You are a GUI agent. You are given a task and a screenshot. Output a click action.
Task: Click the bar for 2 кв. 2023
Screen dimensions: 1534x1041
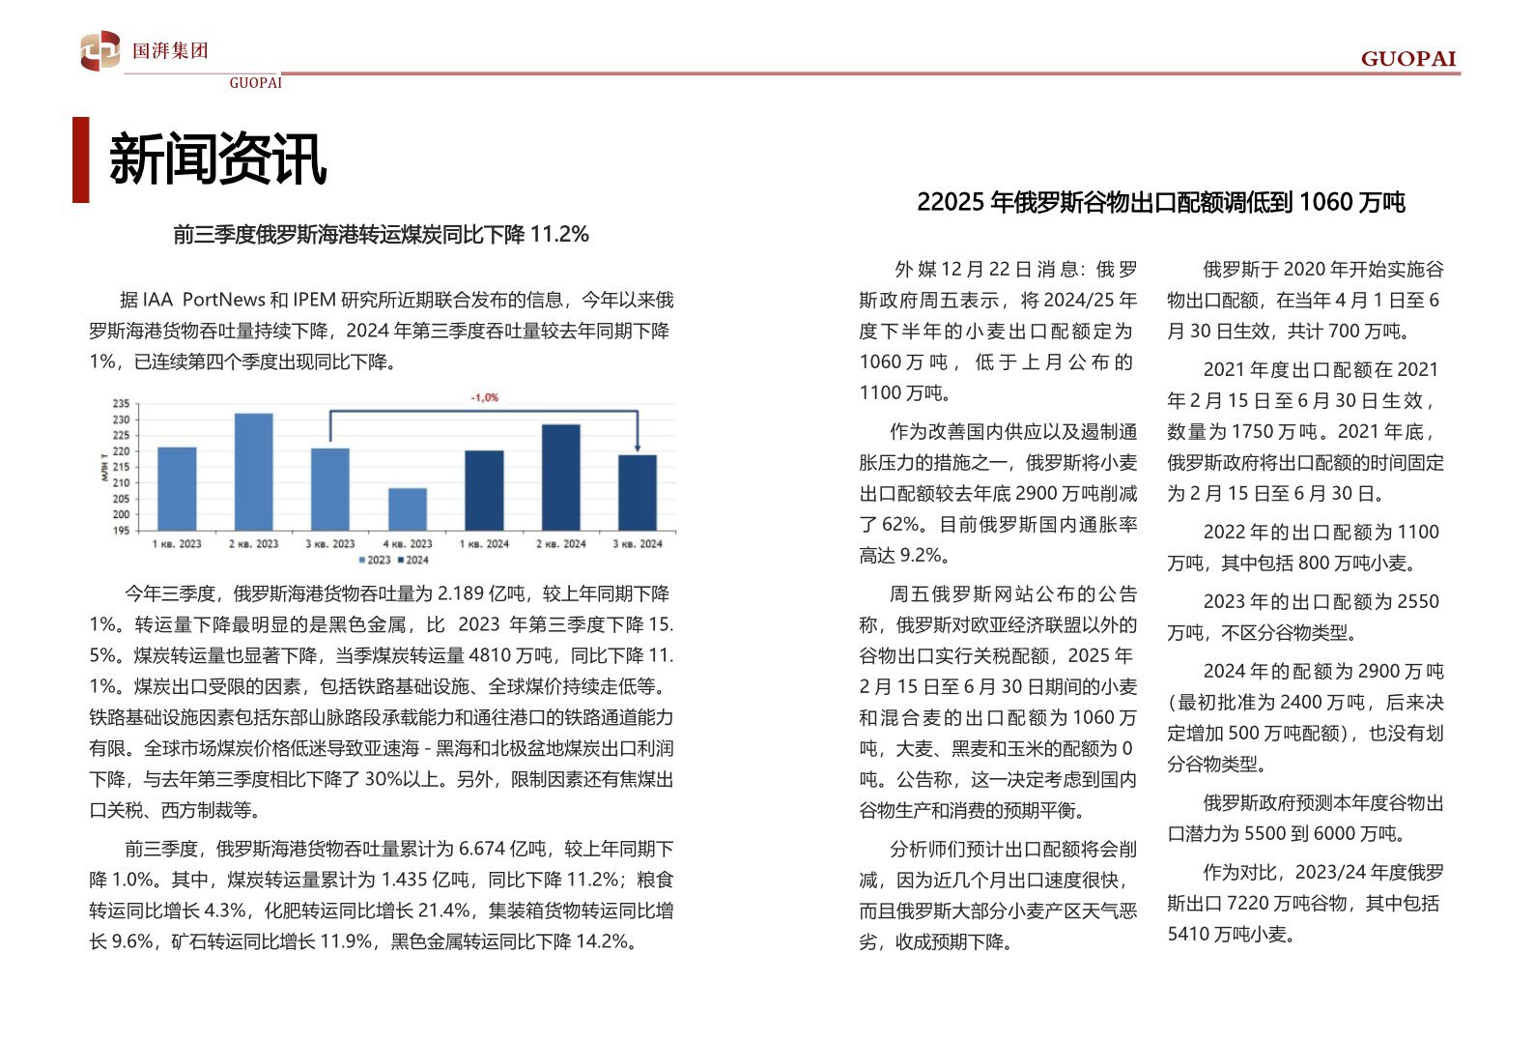pyautogui.click(x=253, y=472)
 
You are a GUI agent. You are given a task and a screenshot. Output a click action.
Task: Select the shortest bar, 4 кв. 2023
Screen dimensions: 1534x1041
pyautogui.click(x=408, y=509)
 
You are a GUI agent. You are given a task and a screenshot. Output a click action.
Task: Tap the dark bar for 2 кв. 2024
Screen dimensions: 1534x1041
pyautogui.click(x=561, y=477)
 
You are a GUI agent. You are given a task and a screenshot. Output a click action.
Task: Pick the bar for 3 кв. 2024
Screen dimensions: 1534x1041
pyautogui.click(x=638, y=493)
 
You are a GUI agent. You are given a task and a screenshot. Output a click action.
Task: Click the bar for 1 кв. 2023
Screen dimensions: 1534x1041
pyautogui.click(x=177, y=489)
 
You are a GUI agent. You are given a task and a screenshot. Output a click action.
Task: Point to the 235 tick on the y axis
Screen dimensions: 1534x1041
pyautogui.click(x=121, y=404)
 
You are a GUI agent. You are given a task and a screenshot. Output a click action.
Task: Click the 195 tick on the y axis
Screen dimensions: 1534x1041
pyautogui.click(x=121, y=531)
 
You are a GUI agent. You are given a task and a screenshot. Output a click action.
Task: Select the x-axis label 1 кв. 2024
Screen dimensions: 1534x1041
pyautogui.click(x=484, y=544)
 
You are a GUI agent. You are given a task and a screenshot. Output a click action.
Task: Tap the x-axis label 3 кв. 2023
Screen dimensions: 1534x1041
pyautogui.click(x=330, y=544)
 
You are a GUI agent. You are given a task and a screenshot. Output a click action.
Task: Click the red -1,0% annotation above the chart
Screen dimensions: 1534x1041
pyautogui.click(x=485, y=397)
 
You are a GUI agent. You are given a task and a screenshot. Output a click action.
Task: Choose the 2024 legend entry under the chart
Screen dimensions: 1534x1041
pyautogui.click(x=413, y=561)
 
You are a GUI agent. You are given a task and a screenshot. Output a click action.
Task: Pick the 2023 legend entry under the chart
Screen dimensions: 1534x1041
pyautogui.click(x=375, y=561)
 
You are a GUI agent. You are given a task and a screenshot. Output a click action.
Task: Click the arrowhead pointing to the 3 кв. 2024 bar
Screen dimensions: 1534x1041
pyautogui.click(x=638, y=448)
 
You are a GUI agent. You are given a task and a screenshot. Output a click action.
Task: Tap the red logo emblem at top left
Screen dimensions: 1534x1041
pyautogui.click(x=100, y=50)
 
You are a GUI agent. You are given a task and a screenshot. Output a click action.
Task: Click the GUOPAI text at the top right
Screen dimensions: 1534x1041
pyautogui.click(x=1408, y=59)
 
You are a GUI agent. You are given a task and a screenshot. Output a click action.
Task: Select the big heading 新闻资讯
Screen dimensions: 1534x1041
pyautogui.click(x=217, y=159)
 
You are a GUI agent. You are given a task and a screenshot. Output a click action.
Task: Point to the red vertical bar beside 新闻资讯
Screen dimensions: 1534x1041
pyautogui.click(x=81, y=159)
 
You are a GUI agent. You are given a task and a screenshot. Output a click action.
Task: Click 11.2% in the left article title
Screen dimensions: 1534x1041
pyautogui.click(x=559, y=235)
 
